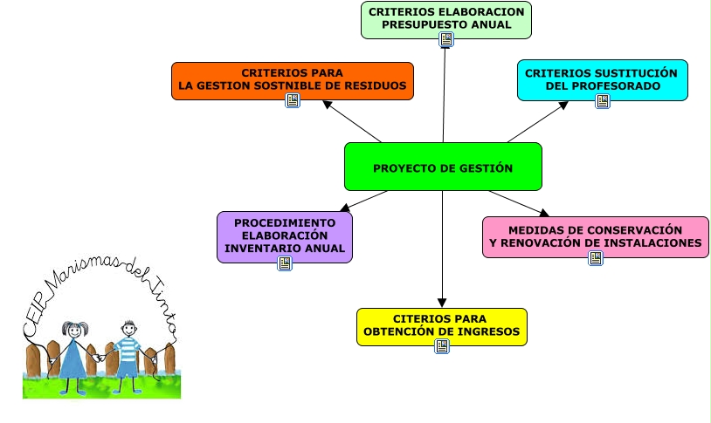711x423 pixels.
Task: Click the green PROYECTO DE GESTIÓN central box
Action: click(443, 167)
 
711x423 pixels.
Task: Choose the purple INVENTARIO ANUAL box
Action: click(285, 234)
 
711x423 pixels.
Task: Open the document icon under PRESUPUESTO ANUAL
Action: click(446, 39)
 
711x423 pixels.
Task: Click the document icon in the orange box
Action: click(293, 100)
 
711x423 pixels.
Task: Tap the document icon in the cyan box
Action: click(602, 100)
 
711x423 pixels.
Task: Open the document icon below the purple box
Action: click(285, 263)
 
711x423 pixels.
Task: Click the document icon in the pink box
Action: click(595, 258)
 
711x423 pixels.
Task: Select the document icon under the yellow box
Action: click(442, 346)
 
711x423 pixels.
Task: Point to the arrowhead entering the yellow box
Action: click(442, 302)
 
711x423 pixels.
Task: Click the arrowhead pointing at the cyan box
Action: click(563, 105)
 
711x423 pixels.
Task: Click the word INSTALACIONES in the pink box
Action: click(653, 243)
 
